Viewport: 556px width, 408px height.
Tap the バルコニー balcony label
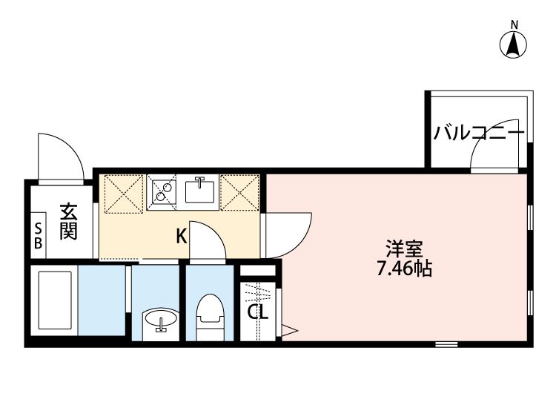click(479, 134)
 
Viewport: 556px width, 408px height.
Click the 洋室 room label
click(403, 248)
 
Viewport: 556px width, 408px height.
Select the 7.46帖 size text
click(403, 268)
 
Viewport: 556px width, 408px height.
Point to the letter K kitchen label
click(181, 237)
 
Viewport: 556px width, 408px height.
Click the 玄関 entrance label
click(68, 221)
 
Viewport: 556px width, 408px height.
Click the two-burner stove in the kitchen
click(162, 191)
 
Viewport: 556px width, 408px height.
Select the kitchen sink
click(199, 191)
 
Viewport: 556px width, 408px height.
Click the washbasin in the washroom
click(159, 321)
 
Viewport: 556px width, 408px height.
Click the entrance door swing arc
click(61, 156)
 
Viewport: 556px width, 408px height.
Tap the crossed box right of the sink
click(240, 192)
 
